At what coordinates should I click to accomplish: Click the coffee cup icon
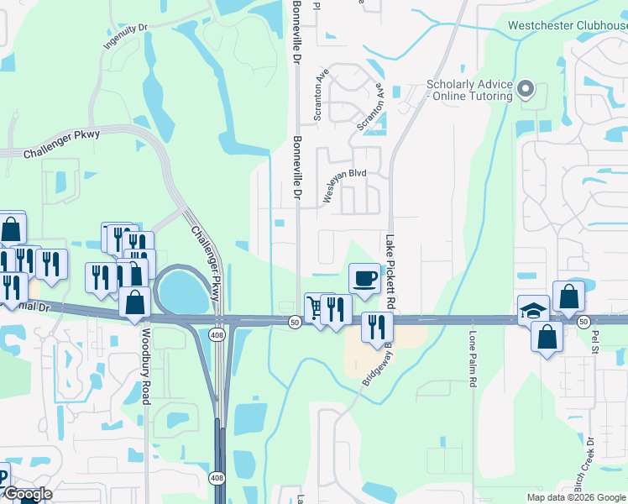pyautogui.click(x=364, y=278)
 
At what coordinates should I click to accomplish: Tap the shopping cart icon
pyautogui.click(x=315, y=307)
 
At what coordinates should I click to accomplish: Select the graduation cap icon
pyautogui.click(x=533, y=310)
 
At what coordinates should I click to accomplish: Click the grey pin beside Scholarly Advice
pyautogui.click(x=526, y=88)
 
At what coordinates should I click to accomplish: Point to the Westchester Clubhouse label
pyautogui.click(x=568, y=25)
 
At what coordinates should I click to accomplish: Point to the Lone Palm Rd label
pyautogui.click(x=473, y=358)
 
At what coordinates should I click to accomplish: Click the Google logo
pyautogui.click(x=27, y=494)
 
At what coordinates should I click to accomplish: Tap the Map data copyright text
pyautogui.click(x=576, y=497)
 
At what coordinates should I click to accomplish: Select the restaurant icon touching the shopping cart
pyautogui.click(x=335, y=309)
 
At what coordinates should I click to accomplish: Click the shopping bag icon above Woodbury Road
pyautogui.click(x=134, y=302)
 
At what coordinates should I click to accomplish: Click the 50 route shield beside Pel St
pyautogui.click(x=583, y=322)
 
